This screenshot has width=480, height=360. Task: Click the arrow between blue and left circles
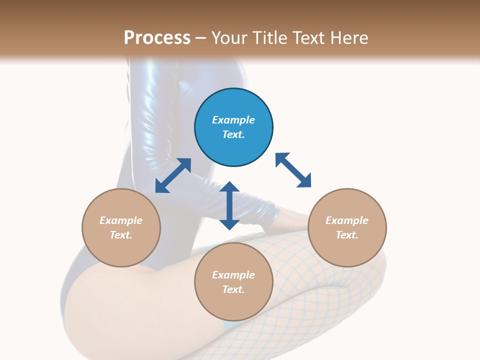point(173,175)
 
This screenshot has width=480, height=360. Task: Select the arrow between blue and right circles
point(293,170)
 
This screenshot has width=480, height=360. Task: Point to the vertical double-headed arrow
point(229,205)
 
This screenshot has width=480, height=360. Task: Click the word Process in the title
point(157,38)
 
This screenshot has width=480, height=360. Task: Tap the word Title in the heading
point(268,38)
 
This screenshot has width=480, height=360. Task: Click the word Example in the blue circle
point(233,120)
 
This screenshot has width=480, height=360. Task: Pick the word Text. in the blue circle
point(233,134)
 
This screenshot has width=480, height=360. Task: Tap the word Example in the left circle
point(121,220)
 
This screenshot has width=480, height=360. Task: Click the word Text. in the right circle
point(347,235)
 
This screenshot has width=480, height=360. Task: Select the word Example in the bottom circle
point(233,275)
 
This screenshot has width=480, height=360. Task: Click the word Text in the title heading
point(309,38)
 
